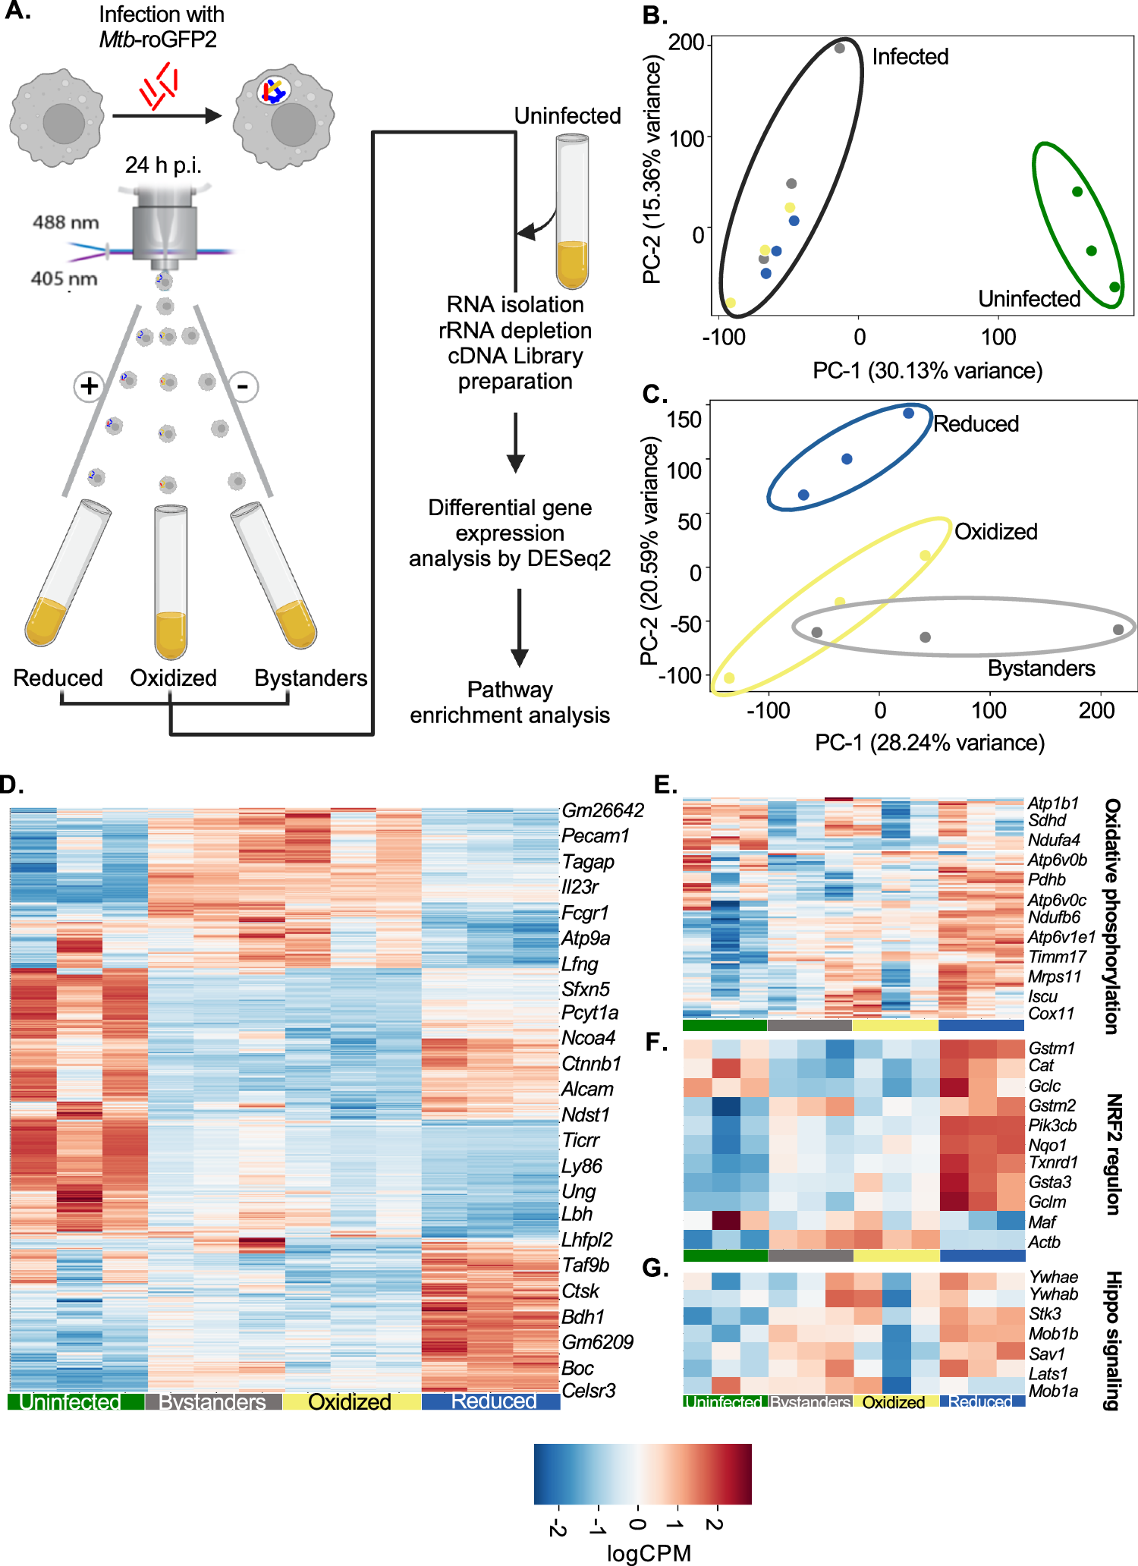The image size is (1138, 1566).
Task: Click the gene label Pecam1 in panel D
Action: pos(596,836)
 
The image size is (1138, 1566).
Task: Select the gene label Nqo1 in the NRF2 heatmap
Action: pos(1048,1144)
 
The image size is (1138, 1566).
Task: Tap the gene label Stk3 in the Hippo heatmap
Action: pos(1045,1313)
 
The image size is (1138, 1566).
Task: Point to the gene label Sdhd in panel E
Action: pos(1047,820)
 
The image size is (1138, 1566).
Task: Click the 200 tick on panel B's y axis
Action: pos(687,42)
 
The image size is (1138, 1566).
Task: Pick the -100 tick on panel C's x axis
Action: pos(768,711)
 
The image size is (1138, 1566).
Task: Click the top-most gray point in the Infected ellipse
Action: pos(840,49)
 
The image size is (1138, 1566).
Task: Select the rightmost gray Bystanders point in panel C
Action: pos(1118,630)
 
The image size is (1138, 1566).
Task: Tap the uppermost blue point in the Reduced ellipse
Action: pos(908,414)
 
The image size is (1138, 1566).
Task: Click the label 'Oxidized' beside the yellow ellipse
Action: pos(995,532)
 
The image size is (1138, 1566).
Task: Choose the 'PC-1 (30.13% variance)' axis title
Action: pos(927,371)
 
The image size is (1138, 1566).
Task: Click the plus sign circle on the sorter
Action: pos(90,386)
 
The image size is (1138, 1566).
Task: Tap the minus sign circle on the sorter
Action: pos(244,387)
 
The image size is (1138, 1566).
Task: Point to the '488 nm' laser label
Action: pos(65,222)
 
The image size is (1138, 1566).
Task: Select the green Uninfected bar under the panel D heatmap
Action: pos(76,1401)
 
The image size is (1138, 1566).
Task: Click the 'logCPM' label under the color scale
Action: pos(649,1553)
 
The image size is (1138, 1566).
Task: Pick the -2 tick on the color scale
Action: pos(558,1526)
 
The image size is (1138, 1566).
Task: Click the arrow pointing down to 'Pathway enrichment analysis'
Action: pos(520,627)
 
